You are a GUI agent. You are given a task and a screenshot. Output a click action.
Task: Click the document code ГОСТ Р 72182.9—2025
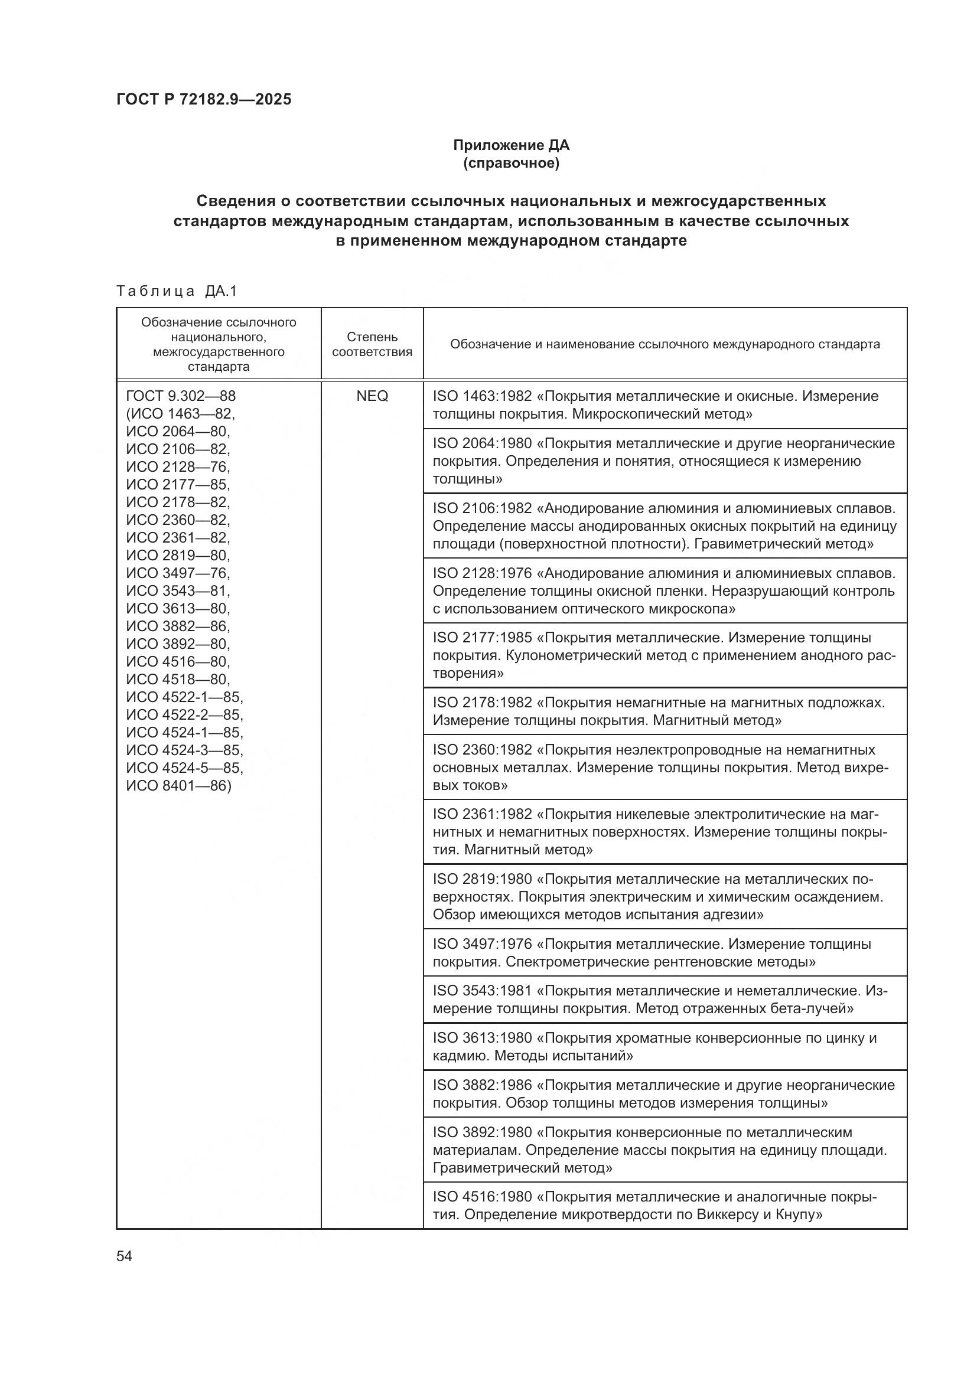[204, 99]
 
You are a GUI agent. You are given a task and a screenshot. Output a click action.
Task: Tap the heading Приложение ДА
[511, 145]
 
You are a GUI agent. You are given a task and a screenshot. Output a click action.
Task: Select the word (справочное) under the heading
[511, 163]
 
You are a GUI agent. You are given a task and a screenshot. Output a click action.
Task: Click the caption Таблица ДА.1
[177, 291]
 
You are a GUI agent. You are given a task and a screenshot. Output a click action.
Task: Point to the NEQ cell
[372, 396]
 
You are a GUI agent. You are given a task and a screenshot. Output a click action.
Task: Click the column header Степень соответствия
[372, 344]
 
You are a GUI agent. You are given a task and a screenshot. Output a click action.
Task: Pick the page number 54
[124, 1256]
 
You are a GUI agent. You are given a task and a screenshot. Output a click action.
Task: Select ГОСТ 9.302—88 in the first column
[181, 396]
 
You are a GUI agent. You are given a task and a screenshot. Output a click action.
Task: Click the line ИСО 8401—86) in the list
[178, 785]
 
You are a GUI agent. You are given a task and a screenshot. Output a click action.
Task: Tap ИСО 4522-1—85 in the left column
[184, 697]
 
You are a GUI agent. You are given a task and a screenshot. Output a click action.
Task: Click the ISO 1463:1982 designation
[483, 396]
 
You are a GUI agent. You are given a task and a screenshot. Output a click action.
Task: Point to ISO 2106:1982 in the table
[483, 508]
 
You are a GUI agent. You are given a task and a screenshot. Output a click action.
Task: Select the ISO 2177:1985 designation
[483, 638]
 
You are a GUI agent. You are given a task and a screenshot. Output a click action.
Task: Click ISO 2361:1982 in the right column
[483, 814]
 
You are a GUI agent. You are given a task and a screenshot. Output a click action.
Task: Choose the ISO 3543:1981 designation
[483, 991]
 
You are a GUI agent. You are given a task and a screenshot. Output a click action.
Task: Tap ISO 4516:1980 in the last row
[483, 1197]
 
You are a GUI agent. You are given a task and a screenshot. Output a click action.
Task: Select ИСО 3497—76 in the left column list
[177, 573]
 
